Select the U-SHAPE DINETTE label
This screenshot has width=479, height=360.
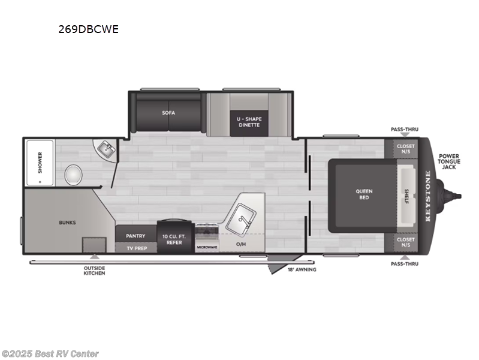[249, 122]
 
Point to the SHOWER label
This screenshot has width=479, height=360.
[40, 163]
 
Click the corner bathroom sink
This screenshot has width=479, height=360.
[106, 148]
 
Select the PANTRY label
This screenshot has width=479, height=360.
[135, 236]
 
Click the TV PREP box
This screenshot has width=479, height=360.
[135, 247]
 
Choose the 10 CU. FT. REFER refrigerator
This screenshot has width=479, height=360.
[176, 239]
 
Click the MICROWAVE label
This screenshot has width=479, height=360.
[207, 247]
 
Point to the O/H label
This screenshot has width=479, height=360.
[241, 245]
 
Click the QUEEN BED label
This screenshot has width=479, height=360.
[364, 194]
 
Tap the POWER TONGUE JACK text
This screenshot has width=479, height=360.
[449, 161]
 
